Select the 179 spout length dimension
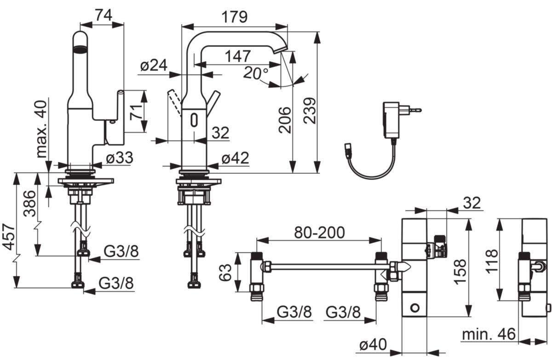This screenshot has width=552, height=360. pyautogui.click(x=234, y=17)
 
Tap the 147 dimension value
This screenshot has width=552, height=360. pyautogui.click(x=238, y=56)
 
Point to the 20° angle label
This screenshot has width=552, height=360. pyautogui.click(x=256, y=73)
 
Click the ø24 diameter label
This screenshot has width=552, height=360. pyautogui.click(x=154, y=65)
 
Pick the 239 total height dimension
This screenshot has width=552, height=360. pyautogui.click(x=310, y=110)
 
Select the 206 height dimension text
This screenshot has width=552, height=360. pyautogui.click(x=285, y=120)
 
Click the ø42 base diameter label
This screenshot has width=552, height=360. pyautogui.click(x=236, y=158)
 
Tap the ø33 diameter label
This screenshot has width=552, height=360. pyautogui.click(x=120, y=158)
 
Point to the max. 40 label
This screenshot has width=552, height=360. pyautogui.click(x=41, y=129)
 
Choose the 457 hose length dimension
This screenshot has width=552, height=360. pyautogui.click(x=9, y=237)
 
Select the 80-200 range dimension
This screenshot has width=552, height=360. pyautogui.click(x=319, y=233)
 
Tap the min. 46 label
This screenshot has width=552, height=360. pyautogui.click(x=489, y=334)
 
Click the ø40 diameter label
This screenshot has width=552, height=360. pyautogui.click(x=373, y=344)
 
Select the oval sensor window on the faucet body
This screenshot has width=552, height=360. pyautogui.click(x=195, y=120)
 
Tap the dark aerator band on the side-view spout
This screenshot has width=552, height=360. pyautogui.click(x=80, y=49)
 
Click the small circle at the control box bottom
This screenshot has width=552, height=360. pyautogui.click(x=415, y=308)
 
